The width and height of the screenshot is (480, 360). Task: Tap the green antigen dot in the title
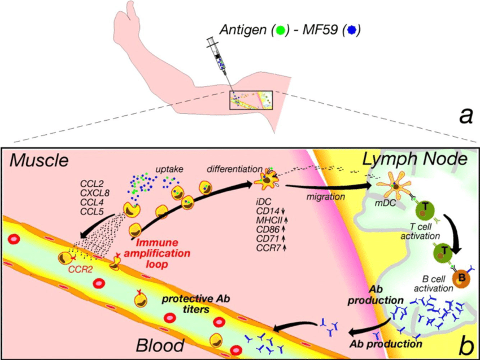point(279,29)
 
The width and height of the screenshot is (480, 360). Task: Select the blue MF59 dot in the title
point(355,29)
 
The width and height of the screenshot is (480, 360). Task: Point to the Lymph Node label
point(415,160)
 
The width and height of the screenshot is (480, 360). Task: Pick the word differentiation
point(234,169)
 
